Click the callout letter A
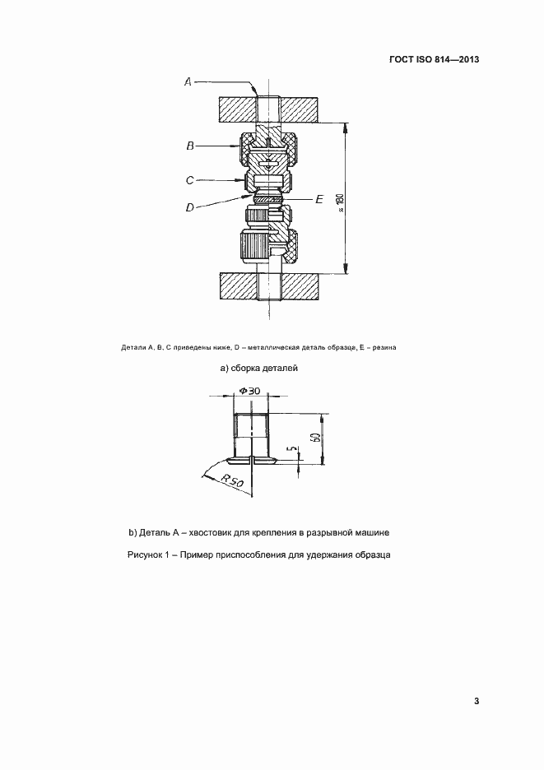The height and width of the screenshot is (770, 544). [x=188, y=81]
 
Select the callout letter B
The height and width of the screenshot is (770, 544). [x=189, y=146]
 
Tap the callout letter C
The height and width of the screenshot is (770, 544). [x=189, y=179]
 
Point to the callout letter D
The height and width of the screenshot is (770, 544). [x=189, y=208]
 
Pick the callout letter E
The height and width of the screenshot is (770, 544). [x=320, y=199]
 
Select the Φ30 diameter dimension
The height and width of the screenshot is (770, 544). [x=249, y=391]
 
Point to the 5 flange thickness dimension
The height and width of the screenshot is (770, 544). [x=290, y=452]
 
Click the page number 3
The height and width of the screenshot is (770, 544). [x=477, y=701]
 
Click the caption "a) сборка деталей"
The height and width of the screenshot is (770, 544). [x=258, y=368]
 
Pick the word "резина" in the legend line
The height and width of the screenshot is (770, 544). [x=384, y=347]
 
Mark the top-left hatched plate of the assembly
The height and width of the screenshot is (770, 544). [x=237, y=109]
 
